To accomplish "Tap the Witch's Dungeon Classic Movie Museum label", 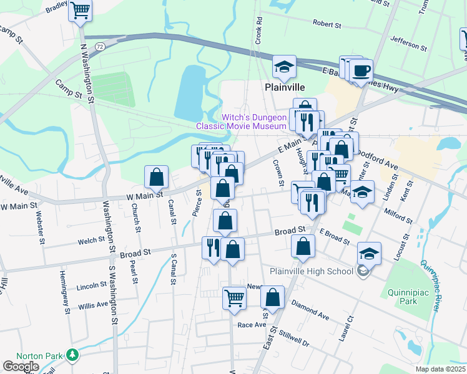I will [x=242, y=122].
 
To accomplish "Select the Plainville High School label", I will [x=312, y=271].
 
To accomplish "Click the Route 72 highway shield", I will [x=100, y=47].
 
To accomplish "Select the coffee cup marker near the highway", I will [x=361, y=70].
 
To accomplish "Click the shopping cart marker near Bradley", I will [x=80, y=11].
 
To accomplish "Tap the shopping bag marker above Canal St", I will [x=156, y=176].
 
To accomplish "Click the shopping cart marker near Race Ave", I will [x=235, y=297].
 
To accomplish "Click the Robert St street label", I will [x=327, y=25].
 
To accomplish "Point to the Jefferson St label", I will [x=408, y=42].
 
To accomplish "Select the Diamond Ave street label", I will [x=310, y=309].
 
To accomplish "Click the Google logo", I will [x=21, y=367].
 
